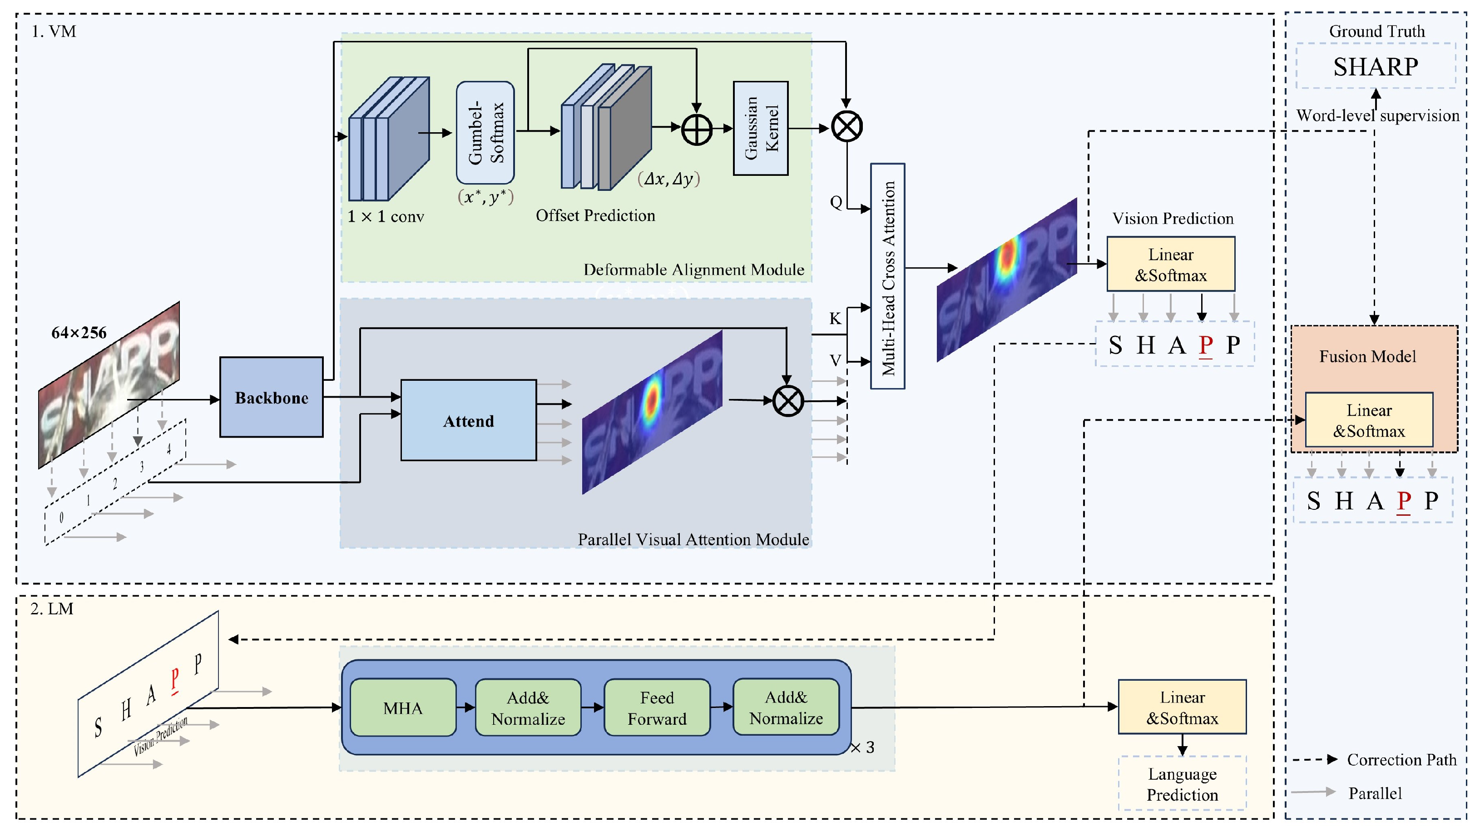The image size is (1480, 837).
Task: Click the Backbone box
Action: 271,397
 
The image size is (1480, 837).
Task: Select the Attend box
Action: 468,420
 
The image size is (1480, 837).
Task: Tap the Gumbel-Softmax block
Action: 485,133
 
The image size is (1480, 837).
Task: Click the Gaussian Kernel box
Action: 761,128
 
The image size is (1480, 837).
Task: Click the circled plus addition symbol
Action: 696,130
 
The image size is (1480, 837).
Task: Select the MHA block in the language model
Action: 403,707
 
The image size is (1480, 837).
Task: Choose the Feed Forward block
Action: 657,707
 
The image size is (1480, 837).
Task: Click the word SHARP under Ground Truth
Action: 1376,67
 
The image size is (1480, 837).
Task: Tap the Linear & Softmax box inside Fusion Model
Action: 1369,420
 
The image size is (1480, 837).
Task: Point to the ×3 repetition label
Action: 862,747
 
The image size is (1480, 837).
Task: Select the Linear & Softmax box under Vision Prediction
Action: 1170,264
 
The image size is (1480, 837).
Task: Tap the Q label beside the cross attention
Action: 836,202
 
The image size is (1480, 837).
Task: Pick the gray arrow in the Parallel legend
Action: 1313,792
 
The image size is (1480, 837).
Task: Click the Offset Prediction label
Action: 595,215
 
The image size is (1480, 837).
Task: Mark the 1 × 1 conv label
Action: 386,217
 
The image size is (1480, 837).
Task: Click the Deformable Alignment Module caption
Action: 693,269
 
